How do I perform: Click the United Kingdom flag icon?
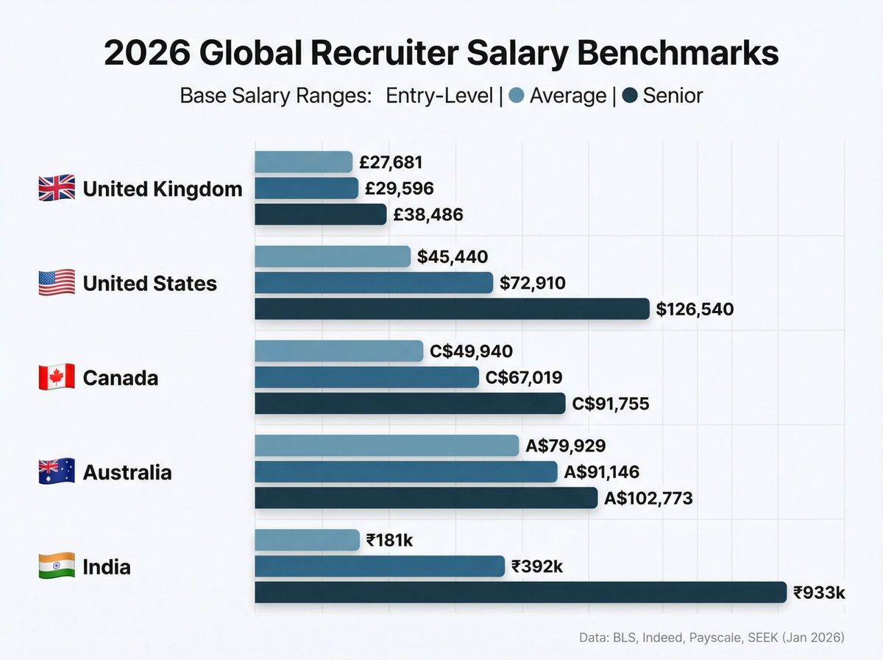pyautogui.click(x=57, y=189)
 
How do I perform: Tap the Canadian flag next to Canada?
pyautogui.click(x=57, y=377)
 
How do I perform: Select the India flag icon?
pyautogui.click(x=57, y=566)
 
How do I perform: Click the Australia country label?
pyautogui.click(x=127, y=472)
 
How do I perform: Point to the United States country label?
pyautogui.click(x=149, y=284)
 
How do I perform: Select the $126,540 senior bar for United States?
pyautogui.click(x=452, y=309)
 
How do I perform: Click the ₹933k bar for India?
pyautogui.click(x=520, y=592)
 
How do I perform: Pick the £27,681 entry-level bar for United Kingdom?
pyautogui.click(x=303, y=162)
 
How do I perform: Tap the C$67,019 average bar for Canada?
pyautogui.click(x=366, y=377)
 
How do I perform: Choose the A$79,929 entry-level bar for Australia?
pyautogui.click(x=386, y=446)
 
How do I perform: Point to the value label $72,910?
pyautogui.click(x=532, y=283)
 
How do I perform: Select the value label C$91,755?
pyautogui.click(x=610, y=404)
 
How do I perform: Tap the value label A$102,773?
pyautogui.click(x=648, y=498)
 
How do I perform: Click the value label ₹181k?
pyautogui.click(x=389, y=540)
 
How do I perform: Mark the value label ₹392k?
pyautogui.click(x=537, y=566)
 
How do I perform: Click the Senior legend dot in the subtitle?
pyautogui.click(x=630, y=96)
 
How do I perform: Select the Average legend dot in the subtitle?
pyautogui.click(x=517, y=96)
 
